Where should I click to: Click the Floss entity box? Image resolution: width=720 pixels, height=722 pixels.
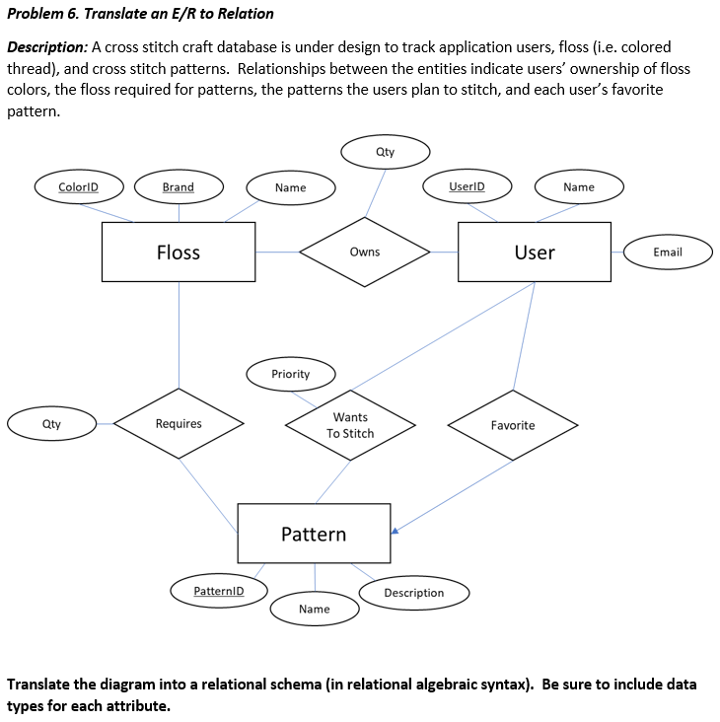click(179, 253)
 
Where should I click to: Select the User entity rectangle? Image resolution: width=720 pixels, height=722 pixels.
click(535, 253)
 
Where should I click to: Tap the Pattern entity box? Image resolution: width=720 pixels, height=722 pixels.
click(314, 534)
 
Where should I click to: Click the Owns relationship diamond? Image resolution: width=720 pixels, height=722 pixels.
click(365, 253)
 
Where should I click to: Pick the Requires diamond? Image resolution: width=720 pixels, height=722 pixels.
click(179, 424)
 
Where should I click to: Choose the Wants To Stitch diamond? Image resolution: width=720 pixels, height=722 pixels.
click(350, 425)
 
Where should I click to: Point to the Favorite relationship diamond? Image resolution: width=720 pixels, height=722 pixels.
click(513, 425)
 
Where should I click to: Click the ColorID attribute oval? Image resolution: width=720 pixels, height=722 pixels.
click(78, 186)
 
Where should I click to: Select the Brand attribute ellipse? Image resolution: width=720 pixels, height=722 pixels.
click(179, 186)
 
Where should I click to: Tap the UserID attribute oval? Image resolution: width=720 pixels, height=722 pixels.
click(467, 185)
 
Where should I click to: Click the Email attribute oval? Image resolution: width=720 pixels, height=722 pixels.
click(668, 253)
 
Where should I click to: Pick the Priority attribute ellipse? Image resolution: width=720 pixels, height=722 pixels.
click(291, 374)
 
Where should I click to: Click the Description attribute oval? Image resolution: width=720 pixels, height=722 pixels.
click(413, 593)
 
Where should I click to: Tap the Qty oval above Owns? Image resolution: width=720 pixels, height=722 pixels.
click(385, 152)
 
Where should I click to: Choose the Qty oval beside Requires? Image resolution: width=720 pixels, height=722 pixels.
click(51, 424)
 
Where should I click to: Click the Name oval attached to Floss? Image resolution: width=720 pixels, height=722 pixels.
click(290, 187)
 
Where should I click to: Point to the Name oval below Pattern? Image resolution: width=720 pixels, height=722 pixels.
click(315, 609)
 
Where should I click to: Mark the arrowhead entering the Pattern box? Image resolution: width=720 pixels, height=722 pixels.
click(395, 532)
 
